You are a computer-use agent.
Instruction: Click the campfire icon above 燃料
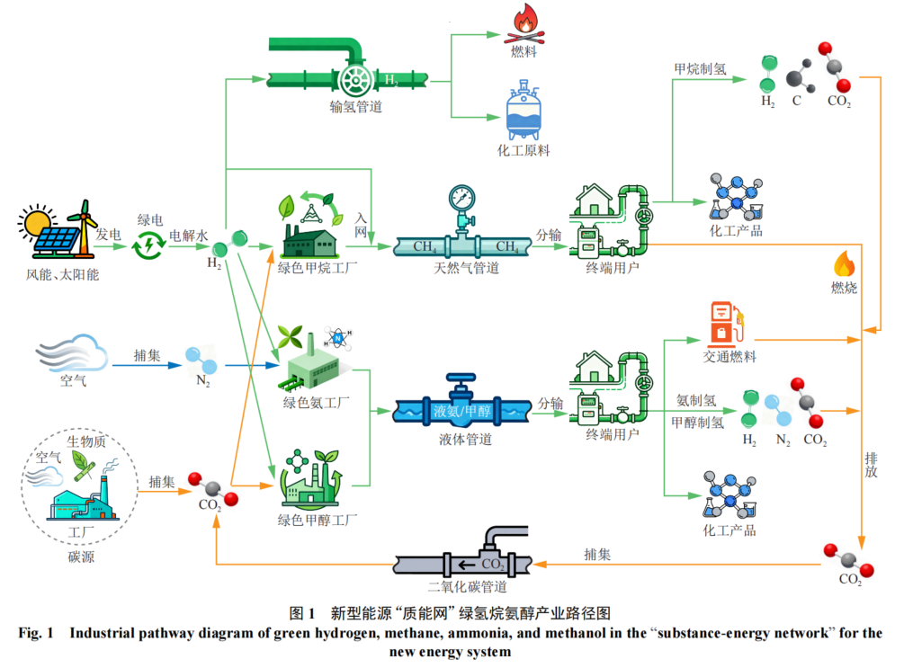(523, 23)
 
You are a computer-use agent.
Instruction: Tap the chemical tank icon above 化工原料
(523, 111)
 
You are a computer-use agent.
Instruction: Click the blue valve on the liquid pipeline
(461, 387)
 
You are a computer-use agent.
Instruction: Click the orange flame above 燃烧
(844, 263)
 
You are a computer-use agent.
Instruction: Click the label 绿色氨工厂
(316, 402)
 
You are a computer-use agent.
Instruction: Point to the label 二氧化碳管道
(467, 587)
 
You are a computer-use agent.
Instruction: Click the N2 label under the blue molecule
(202, 380)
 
